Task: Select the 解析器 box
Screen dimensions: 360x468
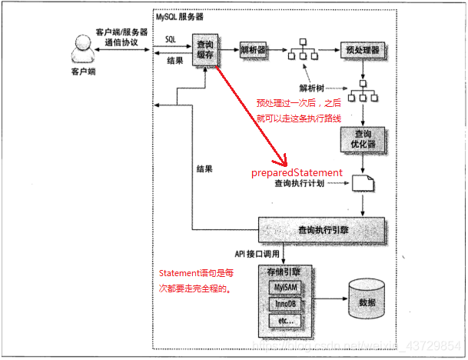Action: pos(252,49)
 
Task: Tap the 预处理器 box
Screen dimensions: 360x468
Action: pos(360,49)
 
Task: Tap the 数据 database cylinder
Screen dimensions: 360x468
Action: pos(367,301)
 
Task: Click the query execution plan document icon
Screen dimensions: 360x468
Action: pos(360,183)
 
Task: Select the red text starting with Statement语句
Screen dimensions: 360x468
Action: pos(197,280)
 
